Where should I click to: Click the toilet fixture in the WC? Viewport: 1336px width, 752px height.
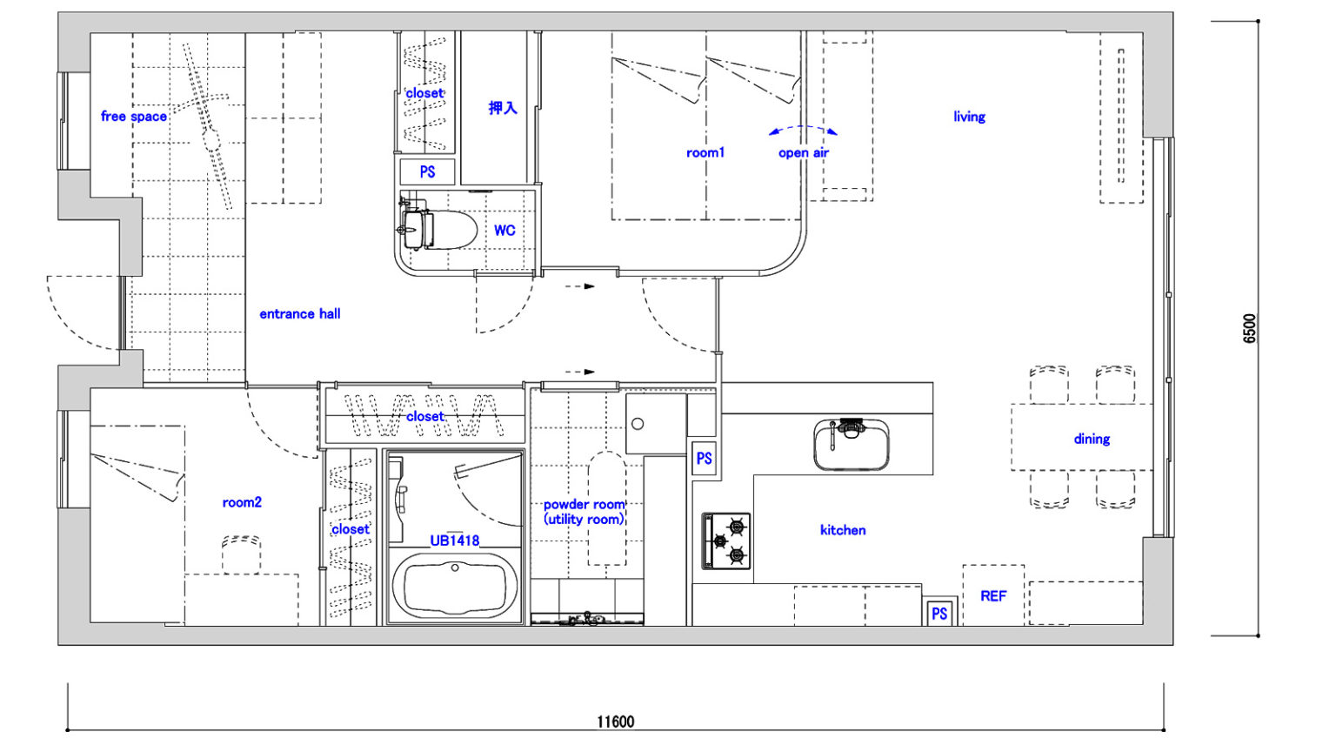pos(438,229)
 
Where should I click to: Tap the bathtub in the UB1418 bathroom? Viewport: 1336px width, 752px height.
pos(455,586)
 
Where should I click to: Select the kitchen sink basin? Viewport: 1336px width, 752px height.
pos(852,445)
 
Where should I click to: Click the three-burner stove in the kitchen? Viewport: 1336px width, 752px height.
pos(726,540)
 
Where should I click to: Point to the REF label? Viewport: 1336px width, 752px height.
pos(993,595)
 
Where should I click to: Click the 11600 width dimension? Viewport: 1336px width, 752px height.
pos(616,722)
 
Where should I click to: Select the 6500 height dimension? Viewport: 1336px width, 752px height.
pos(1250,328)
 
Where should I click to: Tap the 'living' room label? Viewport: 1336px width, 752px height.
pos(969,117)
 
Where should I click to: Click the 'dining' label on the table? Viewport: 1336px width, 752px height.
pos(1092,440)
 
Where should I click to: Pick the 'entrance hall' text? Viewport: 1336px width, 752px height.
pos(300,314)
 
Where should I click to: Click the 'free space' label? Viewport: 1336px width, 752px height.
pos(134,117)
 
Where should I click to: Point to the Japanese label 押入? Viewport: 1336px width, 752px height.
pos(503,108)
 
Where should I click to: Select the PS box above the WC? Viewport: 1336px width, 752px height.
pos(427,171)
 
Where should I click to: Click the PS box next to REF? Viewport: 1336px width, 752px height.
pos(939,614)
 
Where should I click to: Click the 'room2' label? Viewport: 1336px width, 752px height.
pos(242,502)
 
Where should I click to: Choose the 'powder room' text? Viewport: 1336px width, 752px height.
pos(584,504)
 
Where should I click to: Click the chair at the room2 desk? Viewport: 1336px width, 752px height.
pos(242,554)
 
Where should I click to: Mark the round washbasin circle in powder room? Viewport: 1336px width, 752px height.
pos(638,424)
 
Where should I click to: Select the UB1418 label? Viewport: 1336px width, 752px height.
pos(455,540)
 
